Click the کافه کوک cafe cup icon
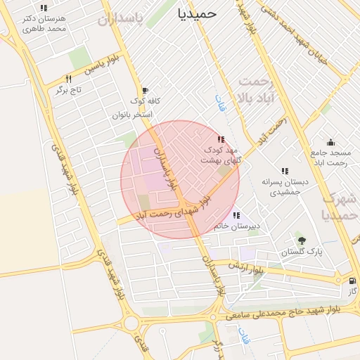coord(145,91)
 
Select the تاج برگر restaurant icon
coord(68,79)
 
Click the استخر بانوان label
coord(131,114)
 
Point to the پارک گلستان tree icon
coord(302,240)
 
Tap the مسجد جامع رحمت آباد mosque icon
coord(330,143)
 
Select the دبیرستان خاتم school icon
coord(236,215)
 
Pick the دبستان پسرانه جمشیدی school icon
coord(285,170)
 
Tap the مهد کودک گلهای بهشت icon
coord(221,140)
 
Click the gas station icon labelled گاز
coord(352,280)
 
